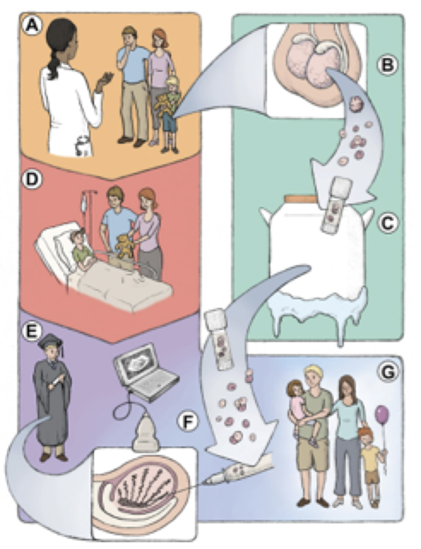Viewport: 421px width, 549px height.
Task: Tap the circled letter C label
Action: pyautogui.click(x=387, y=222)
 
